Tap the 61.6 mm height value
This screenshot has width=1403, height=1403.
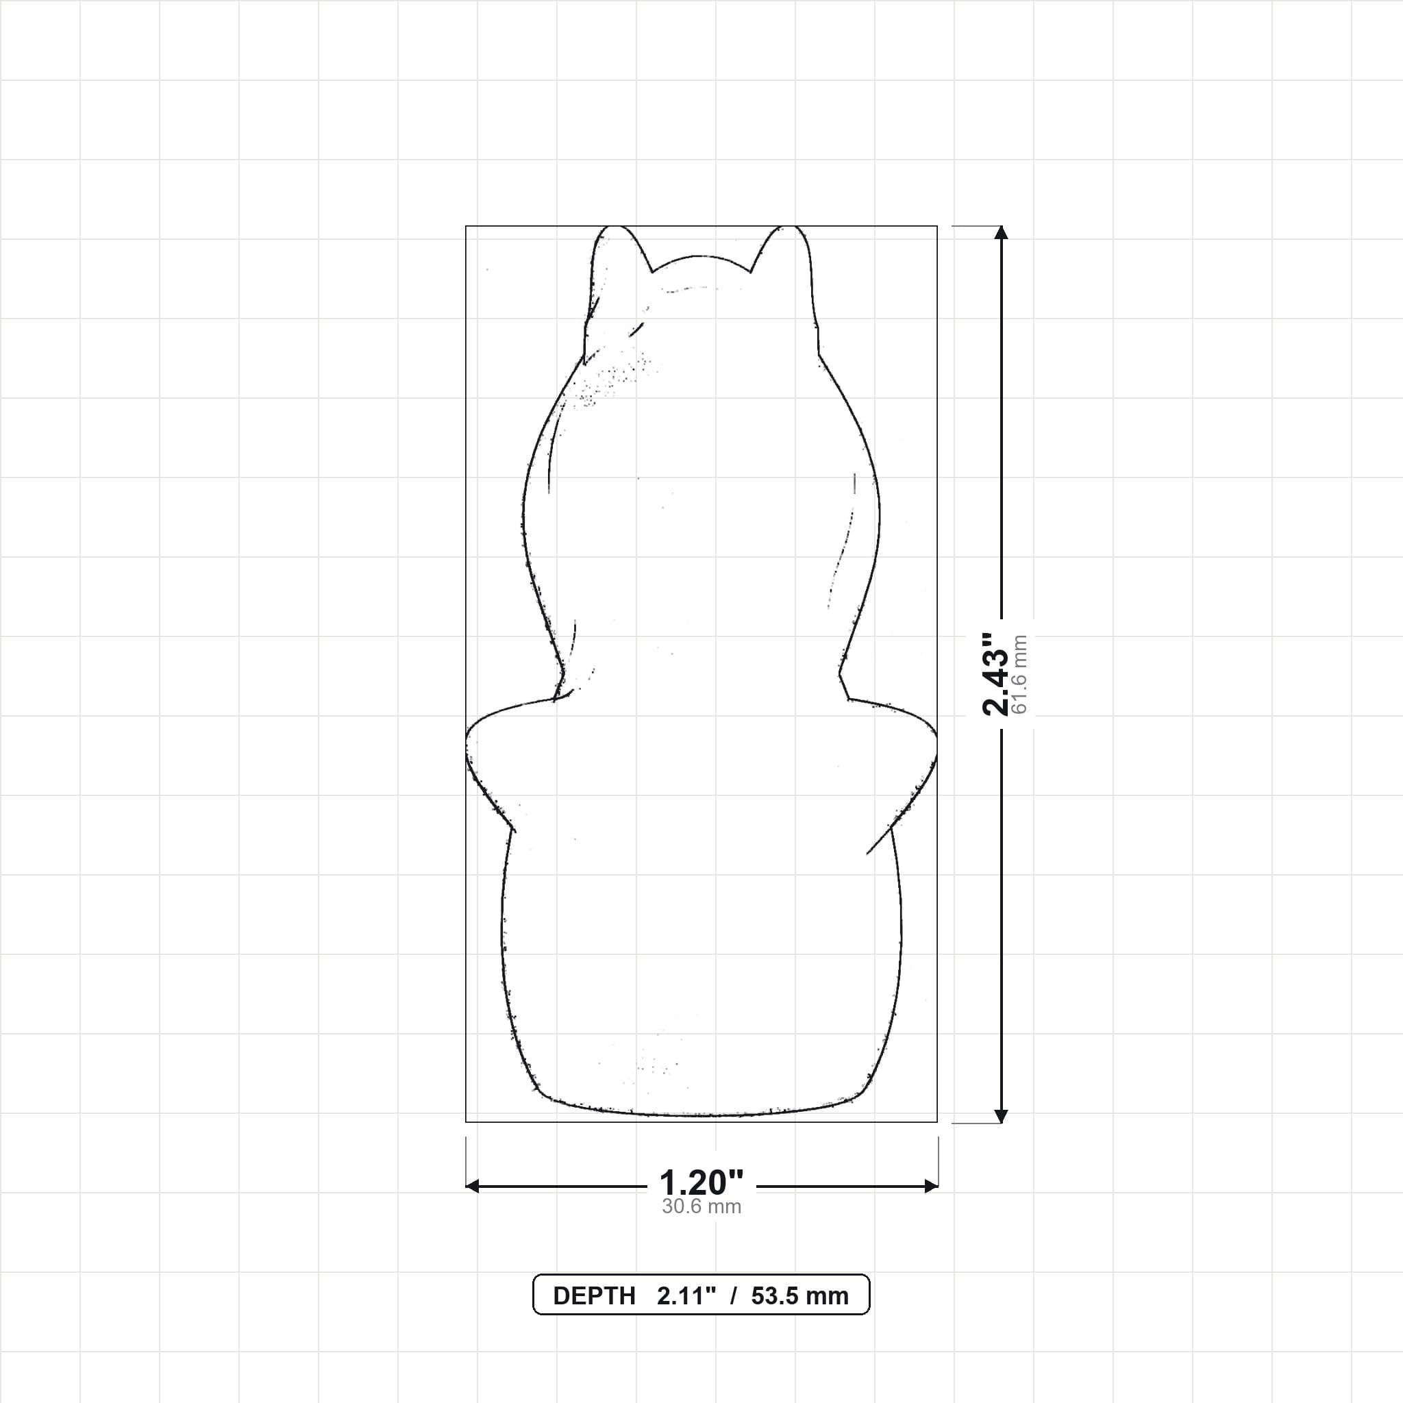pos(1019,674)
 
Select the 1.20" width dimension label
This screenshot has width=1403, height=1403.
pos(701,1183)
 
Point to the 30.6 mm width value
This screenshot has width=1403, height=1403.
pos(701,1207)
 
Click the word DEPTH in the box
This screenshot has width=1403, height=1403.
pos(594,1296)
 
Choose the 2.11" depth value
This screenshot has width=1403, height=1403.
pos(687,1296)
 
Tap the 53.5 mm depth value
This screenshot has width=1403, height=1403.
pos(799,1296)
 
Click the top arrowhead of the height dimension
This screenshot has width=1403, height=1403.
pos(1002,232)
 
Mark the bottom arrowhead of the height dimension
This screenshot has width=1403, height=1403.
pos(1002,1116)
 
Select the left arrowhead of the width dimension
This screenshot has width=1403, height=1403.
pos(472,1187)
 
